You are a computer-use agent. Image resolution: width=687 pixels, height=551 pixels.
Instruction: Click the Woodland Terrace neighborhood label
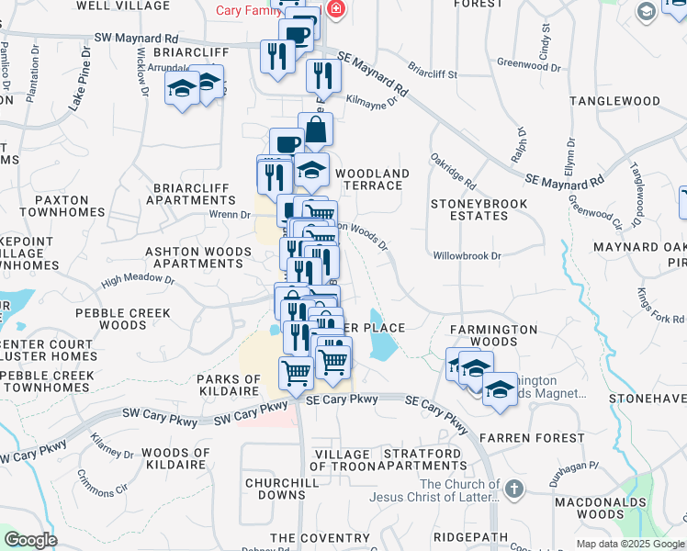pyautogui.click(x=372, y=179)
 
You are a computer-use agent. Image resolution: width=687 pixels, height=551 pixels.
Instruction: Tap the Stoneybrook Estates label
pyautogui.click(x=468, y=209)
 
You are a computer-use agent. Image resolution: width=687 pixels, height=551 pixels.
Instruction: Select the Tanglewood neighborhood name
pyautogui.click(x=614, y=101)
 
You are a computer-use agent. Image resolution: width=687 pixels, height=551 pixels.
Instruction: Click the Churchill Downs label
pyautogui.click(x=275, y=489)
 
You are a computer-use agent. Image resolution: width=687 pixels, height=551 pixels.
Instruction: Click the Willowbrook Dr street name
pyautogui.click(x=467, y=256)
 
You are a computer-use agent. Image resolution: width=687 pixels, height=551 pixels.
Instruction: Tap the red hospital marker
pyautogui.click(x=335, y=11)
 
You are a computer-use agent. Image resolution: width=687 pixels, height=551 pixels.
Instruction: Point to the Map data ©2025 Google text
pyautogui.click(x=629, y=544)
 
